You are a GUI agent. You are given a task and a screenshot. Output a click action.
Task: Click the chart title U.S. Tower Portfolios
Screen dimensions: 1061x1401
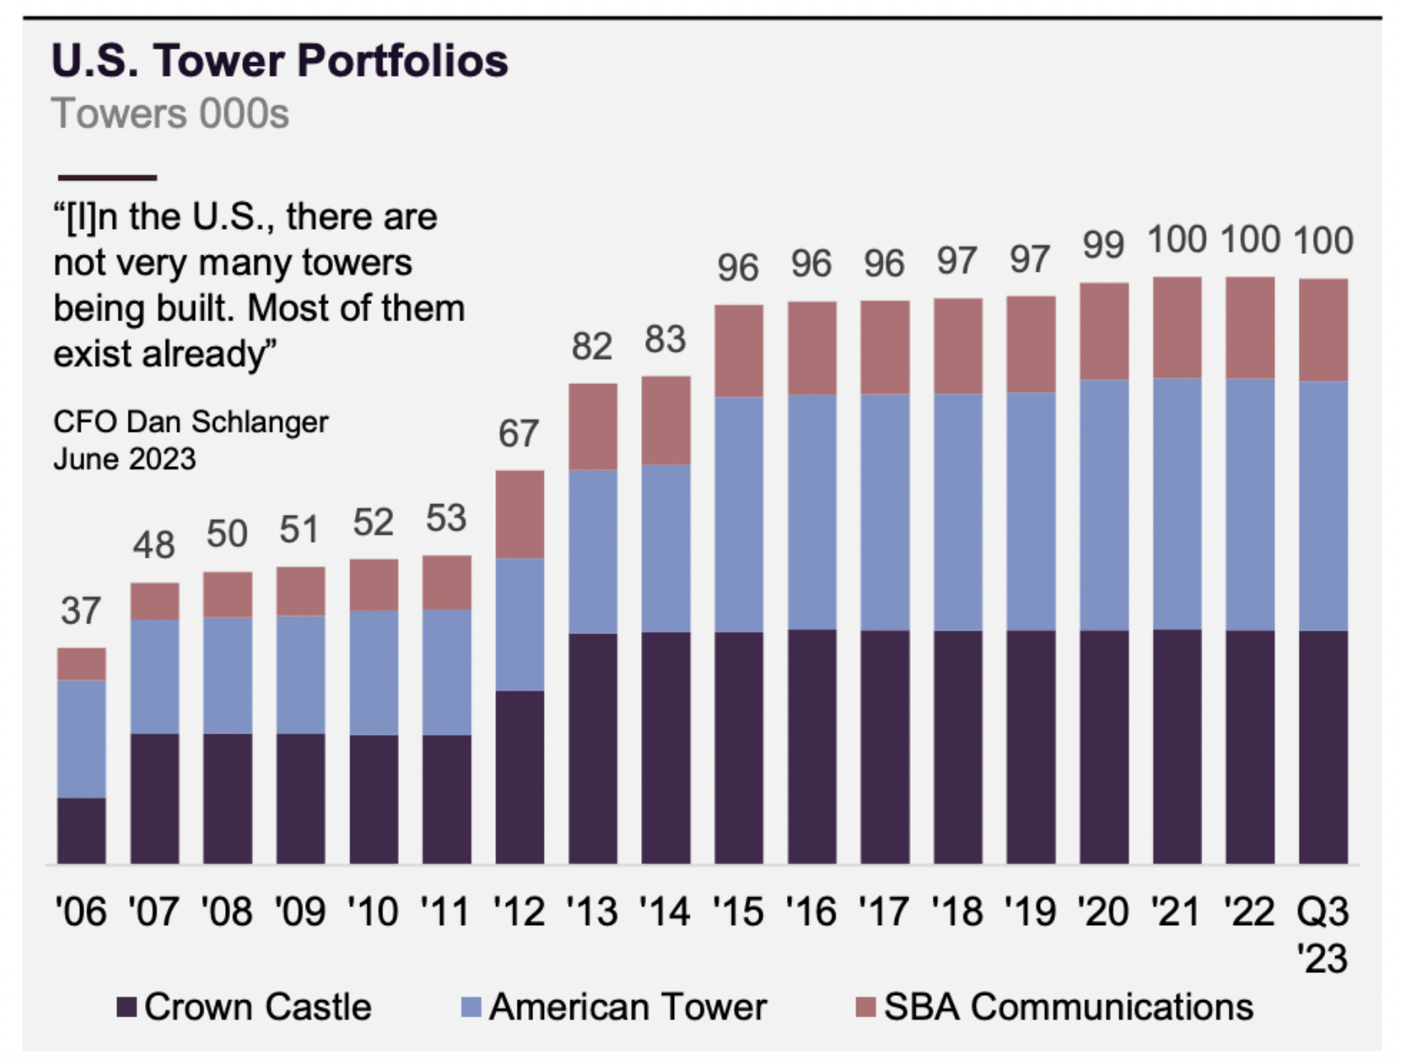280,61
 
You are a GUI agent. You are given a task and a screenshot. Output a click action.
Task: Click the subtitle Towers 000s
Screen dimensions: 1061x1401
170,114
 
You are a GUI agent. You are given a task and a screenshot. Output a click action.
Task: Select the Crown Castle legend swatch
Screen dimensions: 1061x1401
126,1007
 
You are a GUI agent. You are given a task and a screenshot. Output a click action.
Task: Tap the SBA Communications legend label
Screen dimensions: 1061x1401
1068,1007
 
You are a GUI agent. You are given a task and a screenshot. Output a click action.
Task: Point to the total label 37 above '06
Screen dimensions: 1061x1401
81,611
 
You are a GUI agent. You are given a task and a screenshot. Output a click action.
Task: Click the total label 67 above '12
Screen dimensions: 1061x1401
518,434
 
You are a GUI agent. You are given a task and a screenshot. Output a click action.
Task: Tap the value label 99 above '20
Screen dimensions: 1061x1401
1103,245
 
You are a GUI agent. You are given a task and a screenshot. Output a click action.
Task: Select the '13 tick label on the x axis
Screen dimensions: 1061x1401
592,912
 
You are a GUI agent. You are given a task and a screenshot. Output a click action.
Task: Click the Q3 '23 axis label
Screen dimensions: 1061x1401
1323,935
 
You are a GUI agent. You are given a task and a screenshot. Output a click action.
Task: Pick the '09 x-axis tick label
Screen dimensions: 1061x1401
300,912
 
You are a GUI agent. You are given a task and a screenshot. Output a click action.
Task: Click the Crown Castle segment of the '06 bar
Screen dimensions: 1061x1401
82,830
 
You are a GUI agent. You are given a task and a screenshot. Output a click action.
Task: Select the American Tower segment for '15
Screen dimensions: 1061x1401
738,515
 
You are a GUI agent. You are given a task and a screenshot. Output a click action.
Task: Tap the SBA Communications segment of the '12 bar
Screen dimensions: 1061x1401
519,514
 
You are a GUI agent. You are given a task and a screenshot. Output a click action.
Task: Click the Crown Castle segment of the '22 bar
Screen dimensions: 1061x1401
1249,746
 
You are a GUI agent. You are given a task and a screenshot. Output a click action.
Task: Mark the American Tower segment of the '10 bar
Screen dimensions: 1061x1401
373,672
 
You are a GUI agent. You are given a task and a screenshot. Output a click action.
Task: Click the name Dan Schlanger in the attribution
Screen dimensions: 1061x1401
227,422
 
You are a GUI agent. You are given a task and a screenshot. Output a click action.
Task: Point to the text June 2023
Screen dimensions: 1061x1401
124,459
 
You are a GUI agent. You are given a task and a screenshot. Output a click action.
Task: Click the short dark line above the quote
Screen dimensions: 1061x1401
107,177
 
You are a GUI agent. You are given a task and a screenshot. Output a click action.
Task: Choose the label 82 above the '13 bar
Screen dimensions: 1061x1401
592,347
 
